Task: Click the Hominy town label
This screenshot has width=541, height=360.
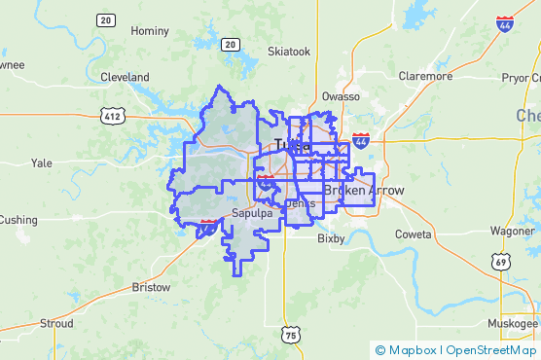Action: [149, 31]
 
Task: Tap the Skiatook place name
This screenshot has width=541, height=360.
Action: [289, 51]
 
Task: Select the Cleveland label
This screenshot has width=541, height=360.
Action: [125, 77]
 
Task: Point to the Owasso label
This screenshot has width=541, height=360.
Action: [342, 97]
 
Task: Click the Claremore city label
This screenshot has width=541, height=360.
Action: [425, 76]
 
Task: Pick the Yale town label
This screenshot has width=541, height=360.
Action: [41, 163]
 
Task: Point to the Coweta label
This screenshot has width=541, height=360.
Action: [414, 234]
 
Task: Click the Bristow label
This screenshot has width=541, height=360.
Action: [151, 288]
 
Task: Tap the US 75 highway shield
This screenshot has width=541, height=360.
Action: [291, 335]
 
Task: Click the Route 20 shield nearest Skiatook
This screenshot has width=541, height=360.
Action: [231, 44]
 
